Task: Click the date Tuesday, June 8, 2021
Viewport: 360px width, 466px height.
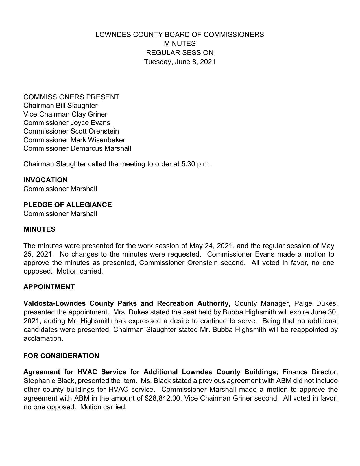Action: click(x=180, y=62)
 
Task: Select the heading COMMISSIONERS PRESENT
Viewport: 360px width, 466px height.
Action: click(x=71, y=97)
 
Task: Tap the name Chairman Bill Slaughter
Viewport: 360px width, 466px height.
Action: click(x=60, y=106)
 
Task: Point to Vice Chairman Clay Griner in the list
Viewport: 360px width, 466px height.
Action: click(x=65, y=114)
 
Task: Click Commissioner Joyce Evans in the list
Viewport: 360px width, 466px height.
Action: click(x=67, y=123)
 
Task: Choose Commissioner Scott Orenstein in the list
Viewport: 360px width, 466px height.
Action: click(x=71, y=131)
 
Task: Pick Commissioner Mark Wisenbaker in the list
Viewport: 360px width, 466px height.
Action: click(x=74, y=140)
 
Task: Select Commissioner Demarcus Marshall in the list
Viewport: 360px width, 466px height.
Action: click(x=77, y=148)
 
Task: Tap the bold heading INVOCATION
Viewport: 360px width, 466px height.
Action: click(x=45, y=180)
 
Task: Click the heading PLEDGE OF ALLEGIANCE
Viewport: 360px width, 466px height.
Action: click(x=67, y=205)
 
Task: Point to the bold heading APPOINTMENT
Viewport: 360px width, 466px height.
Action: click(x=49, y=287)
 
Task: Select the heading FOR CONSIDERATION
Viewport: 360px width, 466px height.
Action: click(x=61, y=356)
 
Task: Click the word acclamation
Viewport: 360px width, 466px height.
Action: click(x=43, y=338)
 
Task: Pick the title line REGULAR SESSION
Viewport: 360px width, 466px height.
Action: click(x=180, y=53)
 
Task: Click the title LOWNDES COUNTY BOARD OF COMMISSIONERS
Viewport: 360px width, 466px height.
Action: click(x=180, y=35)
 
